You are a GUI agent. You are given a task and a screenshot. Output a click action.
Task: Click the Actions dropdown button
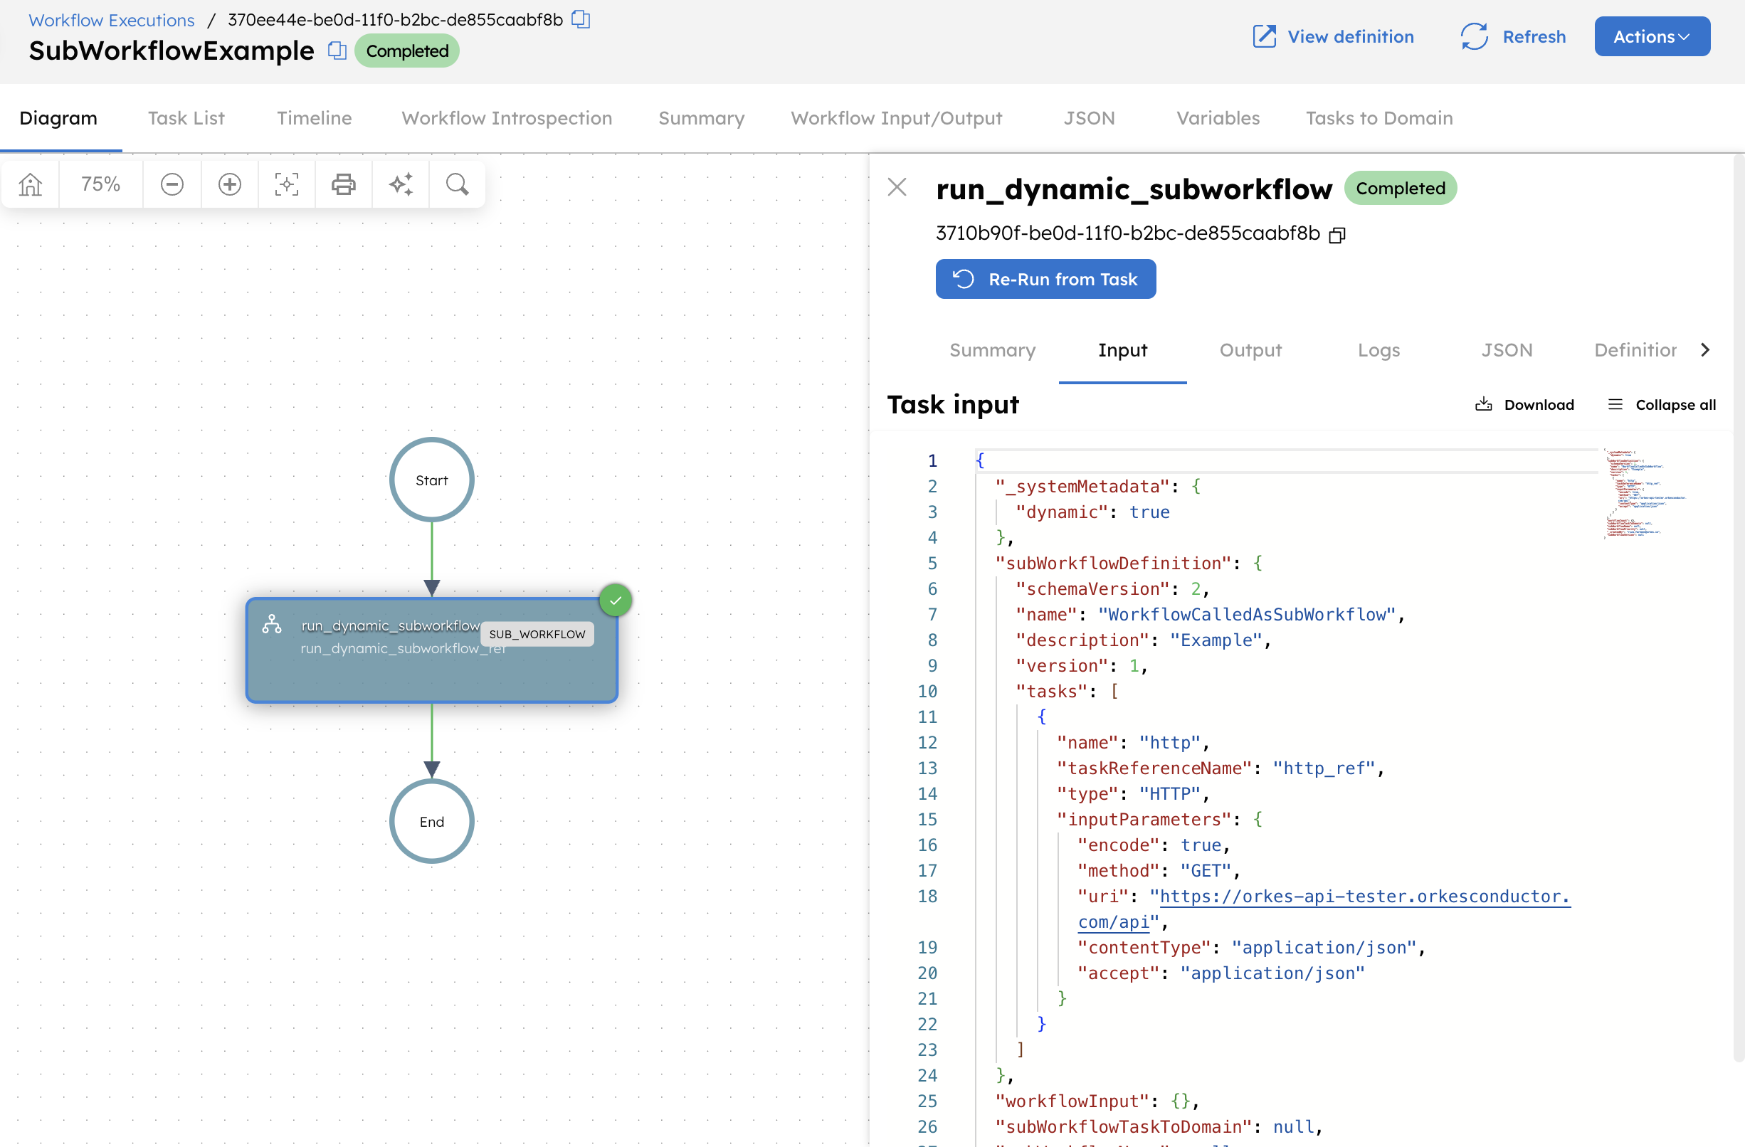1651,37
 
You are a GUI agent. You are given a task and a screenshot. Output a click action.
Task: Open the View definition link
1333,37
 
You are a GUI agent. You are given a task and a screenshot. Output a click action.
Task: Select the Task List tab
186,118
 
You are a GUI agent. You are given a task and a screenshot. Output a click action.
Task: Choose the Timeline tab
314,118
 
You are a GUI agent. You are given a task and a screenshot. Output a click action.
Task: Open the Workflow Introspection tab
507,118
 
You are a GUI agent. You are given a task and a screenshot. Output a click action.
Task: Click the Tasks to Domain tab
1378,118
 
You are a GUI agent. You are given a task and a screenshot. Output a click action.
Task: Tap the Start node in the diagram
432,480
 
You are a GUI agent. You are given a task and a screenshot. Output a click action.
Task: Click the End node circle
432,822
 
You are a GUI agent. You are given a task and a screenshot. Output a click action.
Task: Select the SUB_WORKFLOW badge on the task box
537,634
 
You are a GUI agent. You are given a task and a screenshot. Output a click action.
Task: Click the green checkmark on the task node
615,601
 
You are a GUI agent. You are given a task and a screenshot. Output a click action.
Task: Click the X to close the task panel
897,187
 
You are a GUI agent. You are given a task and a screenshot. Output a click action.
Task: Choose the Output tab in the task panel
1250,350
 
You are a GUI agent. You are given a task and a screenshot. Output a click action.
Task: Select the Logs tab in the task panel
1378,350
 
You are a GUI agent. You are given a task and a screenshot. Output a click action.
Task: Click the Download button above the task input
1524,405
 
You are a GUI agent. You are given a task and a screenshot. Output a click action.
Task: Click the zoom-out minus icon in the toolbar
172,184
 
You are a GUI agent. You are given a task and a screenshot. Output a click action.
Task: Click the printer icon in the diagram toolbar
343,184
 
